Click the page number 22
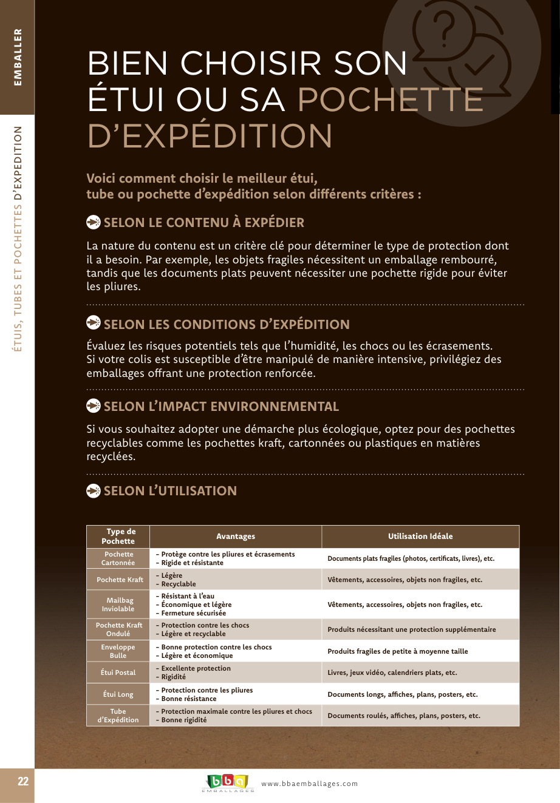click(x=23, y=781)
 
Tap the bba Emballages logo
click(x=227, y=782)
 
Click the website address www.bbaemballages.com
click(x=310, y=784)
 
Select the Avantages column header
click(x=236, y=537)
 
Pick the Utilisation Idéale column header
click(x=420, y=537)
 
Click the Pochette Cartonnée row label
click(x=118, y=558)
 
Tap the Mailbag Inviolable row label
click(x=118, y=605)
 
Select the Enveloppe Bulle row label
click(x=118, y=651)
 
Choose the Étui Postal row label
click(x=118, y=673)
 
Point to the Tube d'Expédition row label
click(x=118, y=716)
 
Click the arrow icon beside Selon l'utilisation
click(x=94, y=490)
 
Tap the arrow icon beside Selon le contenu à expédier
click(x=94, y=222)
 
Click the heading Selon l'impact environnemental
click(x=221, y=407)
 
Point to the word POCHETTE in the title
click(x=390, y=100)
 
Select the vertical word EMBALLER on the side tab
click(x=18, y=57)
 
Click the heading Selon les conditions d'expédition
click(x=227, y=324)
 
